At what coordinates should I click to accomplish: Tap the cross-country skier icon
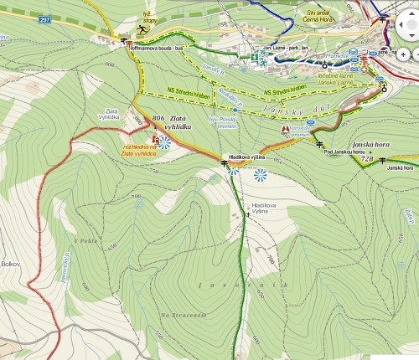pyautogui.click(x=143, y=29)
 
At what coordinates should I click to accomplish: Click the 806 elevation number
pyautogui.click(x=158, y=119)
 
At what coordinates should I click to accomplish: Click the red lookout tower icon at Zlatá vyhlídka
pyautogui.click(x=155, y=140)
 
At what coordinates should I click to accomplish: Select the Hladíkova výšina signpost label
pyautogui.click(x=246, y=157)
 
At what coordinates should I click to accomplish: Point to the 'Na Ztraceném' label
pyautogui.click(x=181, y=315)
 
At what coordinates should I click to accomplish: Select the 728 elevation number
pyautogui.click(x=367, y=158)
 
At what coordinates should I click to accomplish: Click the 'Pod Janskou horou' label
pyautogui.click(x=345, y=152)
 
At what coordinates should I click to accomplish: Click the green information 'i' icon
pyautogui.click(x=254, y=56)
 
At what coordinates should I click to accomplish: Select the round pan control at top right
pyautogui.click(x=406, y=26)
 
